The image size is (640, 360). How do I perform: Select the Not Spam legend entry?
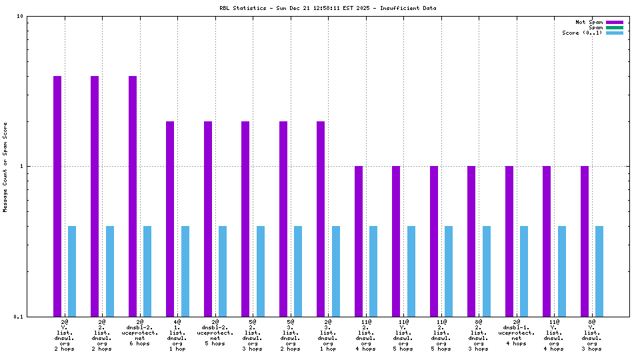tap(589, 22)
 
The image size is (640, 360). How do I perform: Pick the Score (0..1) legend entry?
tap(582, 33)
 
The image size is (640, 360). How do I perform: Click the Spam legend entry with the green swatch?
tap(595, 27)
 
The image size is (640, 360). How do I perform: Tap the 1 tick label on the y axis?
tap(22, 166)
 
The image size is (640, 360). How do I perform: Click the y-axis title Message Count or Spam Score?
tap(6, 167)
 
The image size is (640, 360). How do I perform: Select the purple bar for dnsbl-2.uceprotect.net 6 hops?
tap(133, 196)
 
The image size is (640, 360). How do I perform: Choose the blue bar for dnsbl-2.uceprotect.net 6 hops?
tap(147, 271)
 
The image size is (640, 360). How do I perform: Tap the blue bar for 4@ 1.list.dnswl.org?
tap(185, 271)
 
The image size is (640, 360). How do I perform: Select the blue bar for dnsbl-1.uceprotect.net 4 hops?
tap(524, 271)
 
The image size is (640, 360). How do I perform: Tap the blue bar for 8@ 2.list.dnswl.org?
tap(487, 271)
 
